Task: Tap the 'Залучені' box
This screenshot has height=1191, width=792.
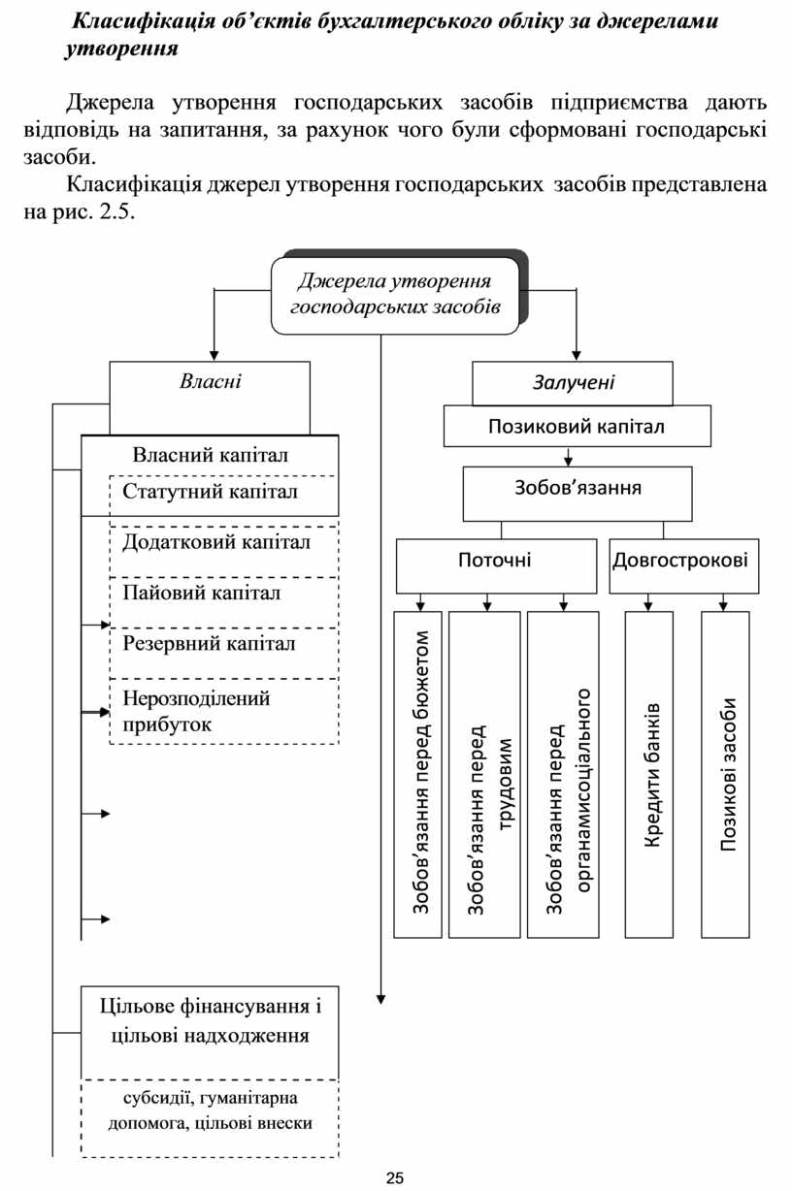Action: [x=573, y=383]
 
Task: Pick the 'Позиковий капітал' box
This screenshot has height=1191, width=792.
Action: [x=577, y=425]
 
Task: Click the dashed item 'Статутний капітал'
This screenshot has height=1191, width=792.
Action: [x=210, y=493]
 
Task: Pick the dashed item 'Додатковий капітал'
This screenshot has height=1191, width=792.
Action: [x=216, y=542]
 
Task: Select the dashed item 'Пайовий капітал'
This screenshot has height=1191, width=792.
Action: [x=202, y=593]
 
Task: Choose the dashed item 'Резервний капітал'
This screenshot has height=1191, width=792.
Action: [x=210, y=643]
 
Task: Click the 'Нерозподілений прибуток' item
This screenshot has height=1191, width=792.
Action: [x=197, y=711]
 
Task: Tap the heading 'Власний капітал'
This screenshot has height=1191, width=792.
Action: [x=210, y=454]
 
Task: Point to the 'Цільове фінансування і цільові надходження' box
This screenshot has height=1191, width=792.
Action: [x=210, y=1020]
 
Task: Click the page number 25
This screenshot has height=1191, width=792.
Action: [x=395, y=1178]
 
